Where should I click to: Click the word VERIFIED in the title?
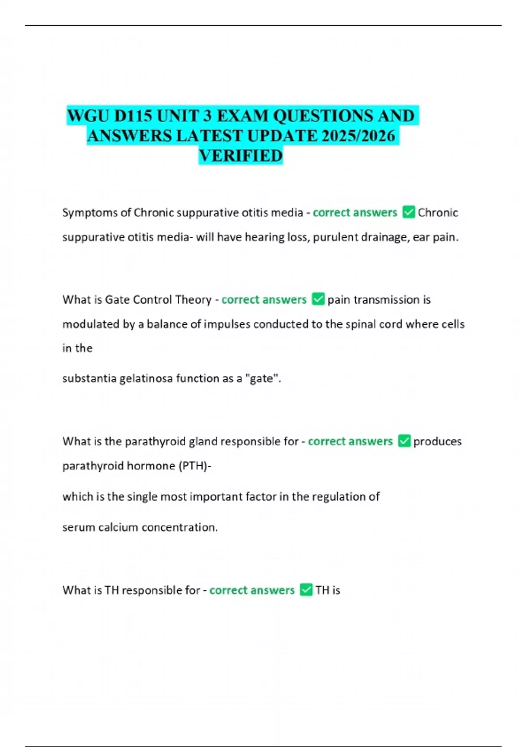[241, 156]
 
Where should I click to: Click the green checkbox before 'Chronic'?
[408, 212]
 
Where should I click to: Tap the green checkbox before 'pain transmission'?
[318, 299]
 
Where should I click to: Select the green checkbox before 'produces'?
[404, 441]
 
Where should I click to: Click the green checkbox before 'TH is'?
[306, 590]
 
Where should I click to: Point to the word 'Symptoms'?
[90, 213]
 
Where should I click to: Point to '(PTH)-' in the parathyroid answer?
[195, 466]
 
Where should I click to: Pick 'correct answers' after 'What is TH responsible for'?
[252, 590]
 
